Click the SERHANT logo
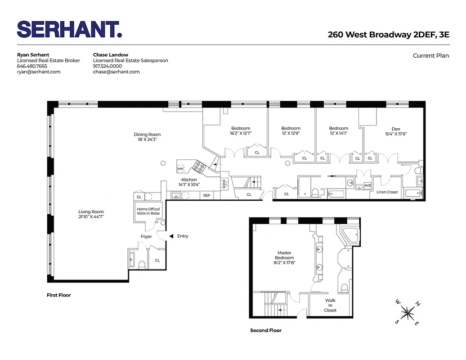pyautogui.click(x=69, y=29)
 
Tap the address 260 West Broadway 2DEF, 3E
pyautogui.click(x=388, y=35)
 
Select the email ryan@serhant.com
pyautogui.click(x=39, y=72)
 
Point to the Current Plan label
pyautogui.click(x=430, y=56)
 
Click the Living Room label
pyautogui.click(x=91, y=211)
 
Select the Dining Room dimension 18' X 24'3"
pyautogui.click(x=147, y=140)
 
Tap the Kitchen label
pyautogui.click(x=189, y=180)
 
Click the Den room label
pyautogui.click(x=396, y=129)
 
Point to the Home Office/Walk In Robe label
pyautogui.click(x=148, y=211)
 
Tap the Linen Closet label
pyautogui.click(x=387, y=192)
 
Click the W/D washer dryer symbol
pyautogui.click(x=367, y=185)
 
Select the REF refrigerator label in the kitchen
pyautogui.click(x=206, y=195)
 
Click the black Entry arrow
pyautogui.click(x=171, y=236)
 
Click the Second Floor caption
pyautogui.click(x=266, y=330)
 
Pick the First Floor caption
pyautogui.click(x=59, y=295)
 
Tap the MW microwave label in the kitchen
pyautogui.click(x=180, y=169)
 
